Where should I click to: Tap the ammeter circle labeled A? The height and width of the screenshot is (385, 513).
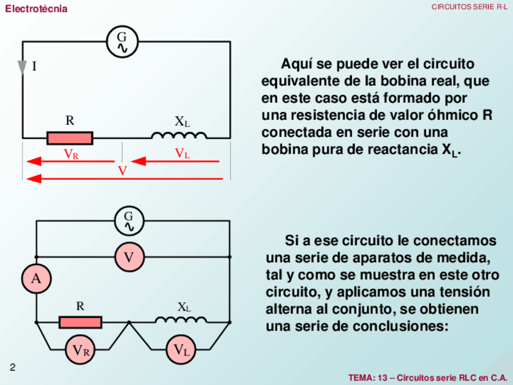point(36,278)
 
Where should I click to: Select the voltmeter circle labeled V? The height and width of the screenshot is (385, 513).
point(129,257)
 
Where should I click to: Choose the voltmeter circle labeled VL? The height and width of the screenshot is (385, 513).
point(181,349)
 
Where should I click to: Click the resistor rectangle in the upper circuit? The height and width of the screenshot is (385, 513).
point(70,138)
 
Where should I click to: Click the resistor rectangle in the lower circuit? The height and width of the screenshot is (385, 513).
point(80,322)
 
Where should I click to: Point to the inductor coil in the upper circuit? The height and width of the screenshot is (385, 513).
point(180,136)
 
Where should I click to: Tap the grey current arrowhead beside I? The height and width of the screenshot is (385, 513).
point(23,67)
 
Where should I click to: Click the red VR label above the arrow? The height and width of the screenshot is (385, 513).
point(71,154)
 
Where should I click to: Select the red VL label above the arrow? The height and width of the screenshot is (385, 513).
point(182,154)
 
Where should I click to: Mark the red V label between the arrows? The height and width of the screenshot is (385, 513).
point(122,171)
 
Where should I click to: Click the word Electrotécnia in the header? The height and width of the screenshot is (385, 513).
point(36,9)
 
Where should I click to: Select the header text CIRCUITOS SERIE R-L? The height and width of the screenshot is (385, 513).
point(469,7)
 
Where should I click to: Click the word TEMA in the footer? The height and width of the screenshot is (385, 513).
point(361,378)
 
